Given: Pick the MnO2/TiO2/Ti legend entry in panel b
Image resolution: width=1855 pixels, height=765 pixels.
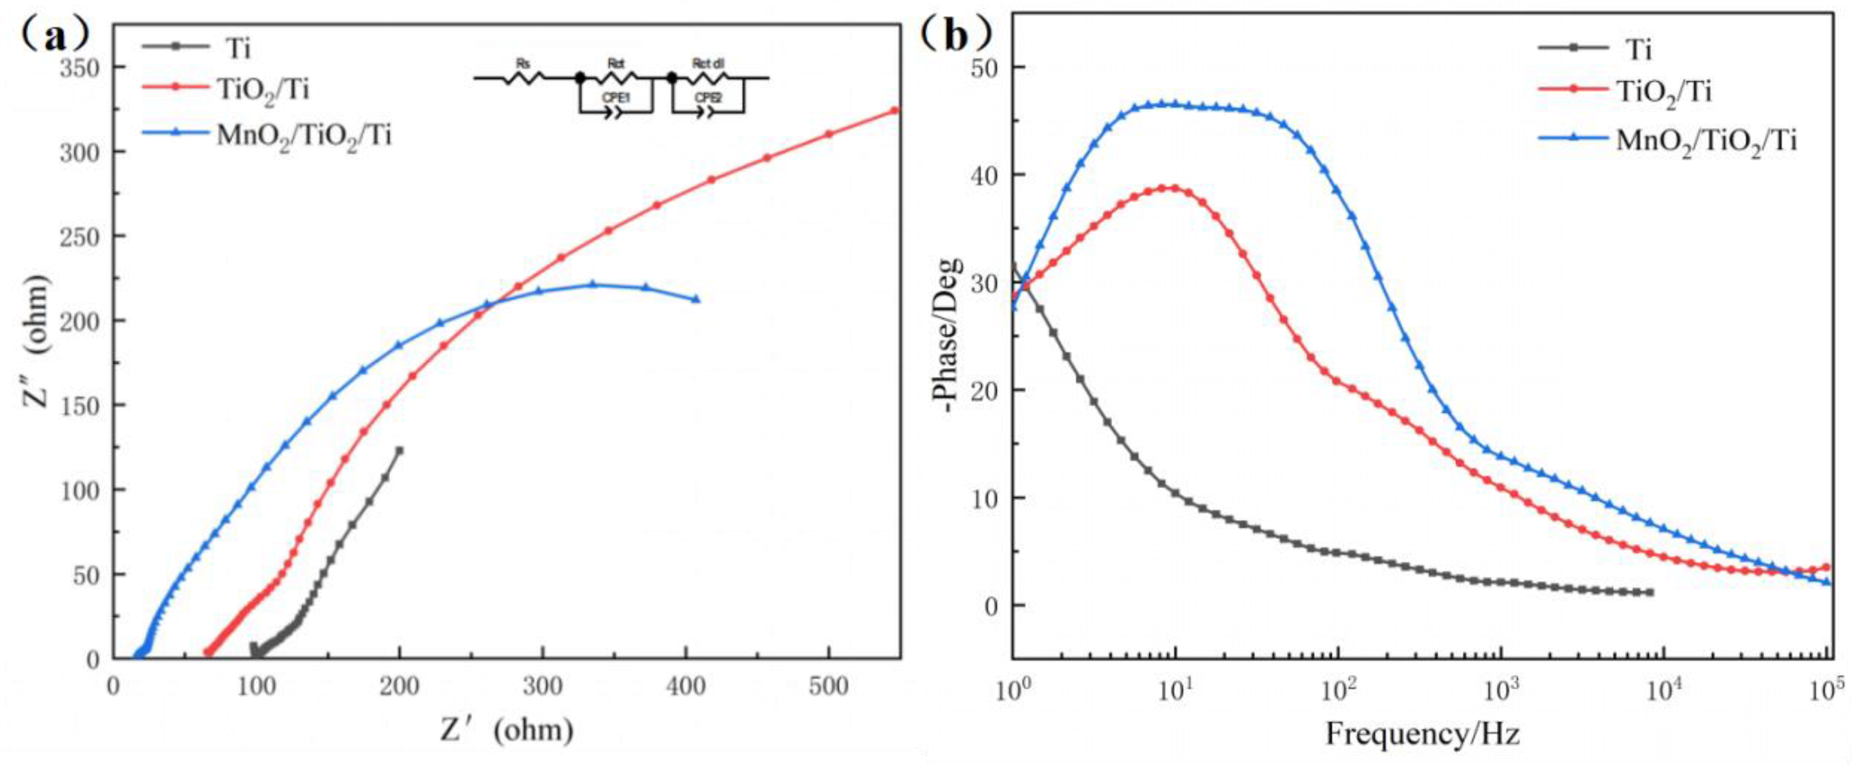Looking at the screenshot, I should pyautogui.click(x=1706, y=140).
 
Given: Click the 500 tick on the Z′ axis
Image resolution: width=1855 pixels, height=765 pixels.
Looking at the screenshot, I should pyautogui.click(x=828, y=686).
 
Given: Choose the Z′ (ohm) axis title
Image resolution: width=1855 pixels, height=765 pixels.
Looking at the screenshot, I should pyautogui.click(x=507, y=731).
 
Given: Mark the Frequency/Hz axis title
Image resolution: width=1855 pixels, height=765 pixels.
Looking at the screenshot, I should pyautogui.click(x=1422, y=734).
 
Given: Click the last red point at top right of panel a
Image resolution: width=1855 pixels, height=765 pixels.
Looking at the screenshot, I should pyautogui.click(x=894, y=110).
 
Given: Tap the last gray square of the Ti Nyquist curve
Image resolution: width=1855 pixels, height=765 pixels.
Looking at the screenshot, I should pyautogui.click(x=399, y=451).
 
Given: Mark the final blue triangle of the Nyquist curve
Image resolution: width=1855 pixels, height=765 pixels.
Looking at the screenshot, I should pyautogui.click(x=696, y=299).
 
